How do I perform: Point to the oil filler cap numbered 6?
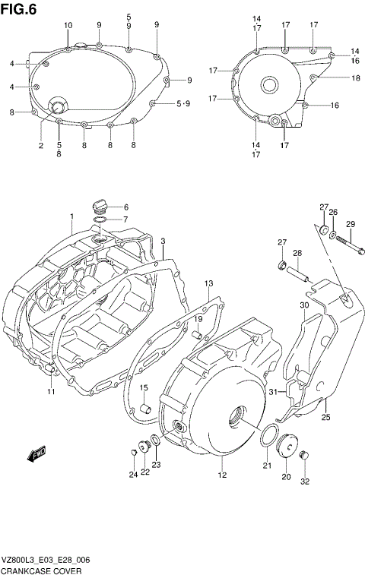(98, 207)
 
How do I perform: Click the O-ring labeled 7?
(99, 220)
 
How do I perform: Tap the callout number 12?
(222, 475)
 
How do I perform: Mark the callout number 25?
(325, 417)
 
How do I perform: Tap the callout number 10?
(68, 26)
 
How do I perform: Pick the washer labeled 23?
(154, 438)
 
